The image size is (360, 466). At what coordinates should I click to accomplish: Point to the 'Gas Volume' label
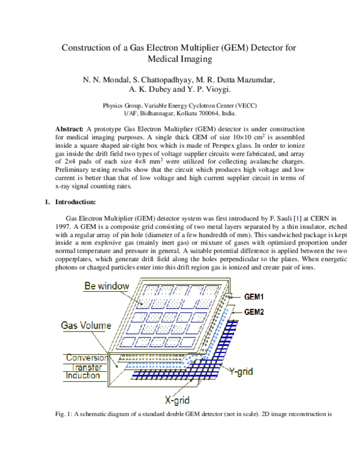(x=86, y=325)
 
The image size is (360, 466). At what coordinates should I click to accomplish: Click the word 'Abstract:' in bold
(x=70, y=130)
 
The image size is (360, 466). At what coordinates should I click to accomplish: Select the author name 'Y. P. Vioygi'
(x=211, y=89)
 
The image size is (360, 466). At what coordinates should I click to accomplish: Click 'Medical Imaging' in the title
(x=180, y=59)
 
